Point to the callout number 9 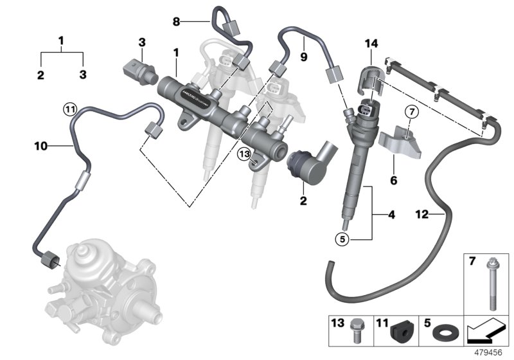pyautogui.click(x=304, y=57)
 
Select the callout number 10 pyautogui.click(x=41, y=146)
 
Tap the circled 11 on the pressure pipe pyautogui.click(x=70, y=108)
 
